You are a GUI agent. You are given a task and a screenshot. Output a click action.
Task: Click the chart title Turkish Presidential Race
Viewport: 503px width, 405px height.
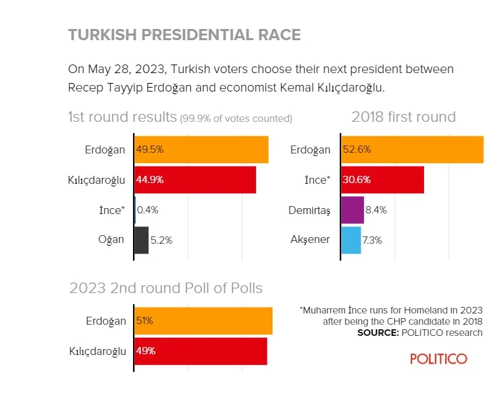[184, 35]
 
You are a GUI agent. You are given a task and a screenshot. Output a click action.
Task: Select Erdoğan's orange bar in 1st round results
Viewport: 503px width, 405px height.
[201, 149]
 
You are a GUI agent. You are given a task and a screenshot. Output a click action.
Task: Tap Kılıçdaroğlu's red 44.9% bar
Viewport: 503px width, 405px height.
[196, 179]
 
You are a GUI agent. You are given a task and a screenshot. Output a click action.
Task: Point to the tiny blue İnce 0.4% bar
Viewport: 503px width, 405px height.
[135, 210]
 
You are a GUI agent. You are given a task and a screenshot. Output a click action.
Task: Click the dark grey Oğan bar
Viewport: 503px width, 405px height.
[142, 240]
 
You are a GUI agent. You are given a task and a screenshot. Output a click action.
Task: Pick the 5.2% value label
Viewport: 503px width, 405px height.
[161, 240]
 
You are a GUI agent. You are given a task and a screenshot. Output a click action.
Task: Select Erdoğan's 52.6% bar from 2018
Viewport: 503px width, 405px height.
[413, 149]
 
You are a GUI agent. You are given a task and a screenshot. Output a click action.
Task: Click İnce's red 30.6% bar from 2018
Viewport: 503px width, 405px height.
[383, 179]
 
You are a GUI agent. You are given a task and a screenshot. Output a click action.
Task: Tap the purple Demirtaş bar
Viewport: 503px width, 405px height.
[353, 210]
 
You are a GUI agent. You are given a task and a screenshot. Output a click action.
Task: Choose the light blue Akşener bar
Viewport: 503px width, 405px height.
[351, 240]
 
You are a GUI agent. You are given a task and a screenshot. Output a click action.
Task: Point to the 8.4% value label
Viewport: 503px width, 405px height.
[375, 210]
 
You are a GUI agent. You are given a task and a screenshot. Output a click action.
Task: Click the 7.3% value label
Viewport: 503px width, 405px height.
[372, 240]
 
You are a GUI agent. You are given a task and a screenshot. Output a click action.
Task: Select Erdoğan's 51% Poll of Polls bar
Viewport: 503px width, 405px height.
[203, 321]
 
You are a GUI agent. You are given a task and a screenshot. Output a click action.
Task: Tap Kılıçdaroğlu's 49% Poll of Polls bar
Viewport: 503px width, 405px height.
[201, 351]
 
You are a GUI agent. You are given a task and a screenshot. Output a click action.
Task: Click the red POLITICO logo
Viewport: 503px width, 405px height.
[438, 359]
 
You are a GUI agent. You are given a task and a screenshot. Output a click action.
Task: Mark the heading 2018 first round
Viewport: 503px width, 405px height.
[404, 117]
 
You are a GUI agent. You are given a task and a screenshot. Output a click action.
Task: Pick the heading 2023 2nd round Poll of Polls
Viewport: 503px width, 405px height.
[166, 288]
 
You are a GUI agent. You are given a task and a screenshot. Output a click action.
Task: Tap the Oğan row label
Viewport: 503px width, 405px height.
[111, 240]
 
